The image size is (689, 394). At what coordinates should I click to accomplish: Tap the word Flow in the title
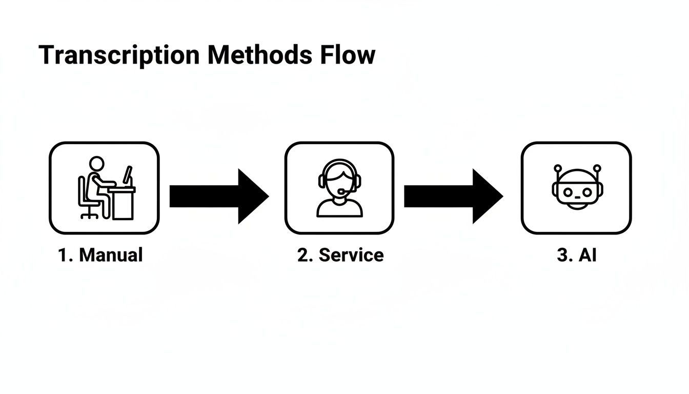348,55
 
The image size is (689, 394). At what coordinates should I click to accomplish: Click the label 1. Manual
100,255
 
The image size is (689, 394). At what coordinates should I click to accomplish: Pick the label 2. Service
340,255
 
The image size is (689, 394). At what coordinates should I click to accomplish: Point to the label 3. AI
577,255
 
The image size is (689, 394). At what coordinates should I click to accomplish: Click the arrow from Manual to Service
218,196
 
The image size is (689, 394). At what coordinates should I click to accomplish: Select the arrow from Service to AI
453,196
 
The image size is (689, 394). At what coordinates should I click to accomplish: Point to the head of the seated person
96,163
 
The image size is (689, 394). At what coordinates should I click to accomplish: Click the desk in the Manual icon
122,203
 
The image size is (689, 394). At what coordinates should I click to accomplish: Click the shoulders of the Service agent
339,207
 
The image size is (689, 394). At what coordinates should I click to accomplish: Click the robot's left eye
568,191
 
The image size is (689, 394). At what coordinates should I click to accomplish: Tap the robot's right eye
587,191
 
